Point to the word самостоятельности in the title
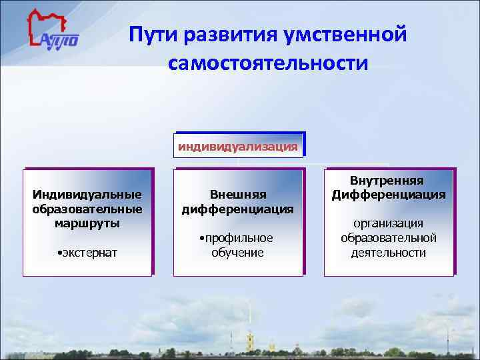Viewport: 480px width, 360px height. [x=268, y=63]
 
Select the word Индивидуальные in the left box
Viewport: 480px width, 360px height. [x=87, y=195]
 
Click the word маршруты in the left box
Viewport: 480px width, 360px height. [x=87, y=223]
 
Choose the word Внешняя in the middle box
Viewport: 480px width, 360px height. [x=238, y=195]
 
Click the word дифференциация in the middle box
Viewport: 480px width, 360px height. [x=238, y=209]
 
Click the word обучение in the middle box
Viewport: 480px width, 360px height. [x=238, y=253]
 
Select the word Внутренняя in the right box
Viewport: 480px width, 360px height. [x=389, y=181]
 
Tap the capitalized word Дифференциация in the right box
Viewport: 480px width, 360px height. [x=389, y=195]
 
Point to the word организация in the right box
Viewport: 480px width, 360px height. [x=389, y=224]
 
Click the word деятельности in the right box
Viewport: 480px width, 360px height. [x=389, y=253]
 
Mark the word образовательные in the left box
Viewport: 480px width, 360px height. [x=87, y=209]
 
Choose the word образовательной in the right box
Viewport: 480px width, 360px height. [x=389, y=238]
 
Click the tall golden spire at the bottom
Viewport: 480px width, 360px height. [x=248, y=327]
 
